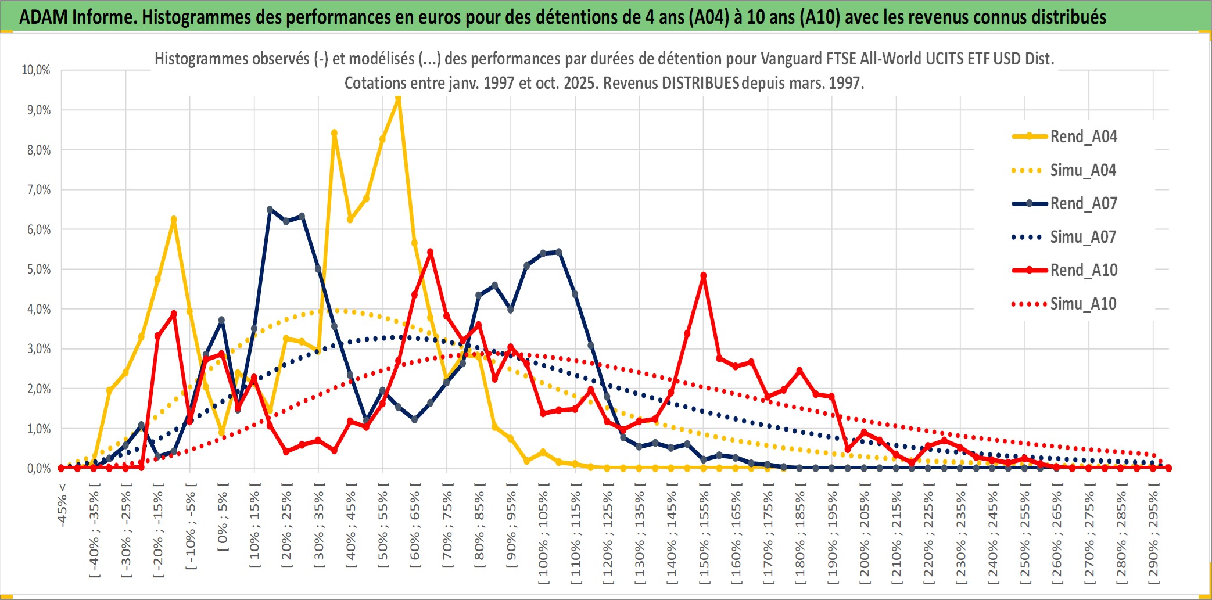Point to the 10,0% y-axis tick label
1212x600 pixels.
[36, 70]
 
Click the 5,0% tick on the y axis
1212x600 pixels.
[38, 270]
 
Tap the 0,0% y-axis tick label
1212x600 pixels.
[38, 468]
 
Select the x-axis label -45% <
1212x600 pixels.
[62, 505]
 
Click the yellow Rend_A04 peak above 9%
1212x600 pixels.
[398, 99]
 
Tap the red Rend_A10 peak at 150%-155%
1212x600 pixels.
[704, 276]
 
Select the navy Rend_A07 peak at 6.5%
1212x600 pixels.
[270, 209]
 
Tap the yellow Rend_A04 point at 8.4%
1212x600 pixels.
[334, 133]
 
